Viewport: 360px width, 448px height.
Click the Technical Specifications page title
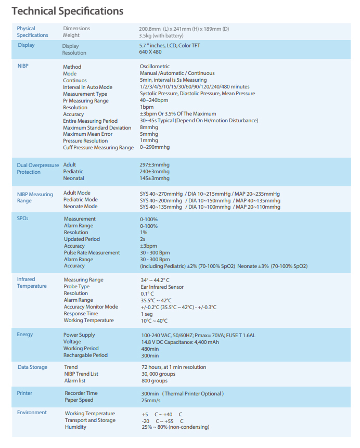point(68,10)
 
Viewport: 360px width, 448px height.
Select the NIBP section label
point(23,67)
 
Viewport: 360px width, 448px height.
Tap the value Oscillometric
point(155,67)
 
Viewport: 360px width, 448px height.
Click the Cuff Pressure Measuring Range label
point(98,147)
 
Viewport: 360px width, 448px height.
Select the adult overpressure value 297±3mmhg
point(155,165)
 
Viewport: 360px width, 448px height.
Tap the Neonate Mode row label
point(80,206)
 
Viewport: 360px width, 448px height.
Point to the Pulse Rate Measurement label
point(92,253)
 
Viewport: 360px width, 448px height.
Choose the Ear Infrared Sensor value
point(162,287)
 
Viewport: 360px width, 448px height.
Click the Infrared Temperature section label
point(32,283)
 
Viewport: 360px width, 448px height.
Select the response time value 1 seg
point(147,314)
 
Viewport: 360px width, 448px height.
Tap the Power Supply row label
point(79,335)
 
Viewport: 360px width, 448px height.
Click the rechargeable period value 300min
point(150,355)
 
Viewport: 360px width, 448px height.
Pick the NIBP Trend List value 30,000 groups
point(159,374)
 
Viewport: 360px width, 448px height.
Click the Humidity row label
point(75,427)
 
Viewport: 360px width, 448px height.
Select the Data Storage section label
point(32,367)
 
